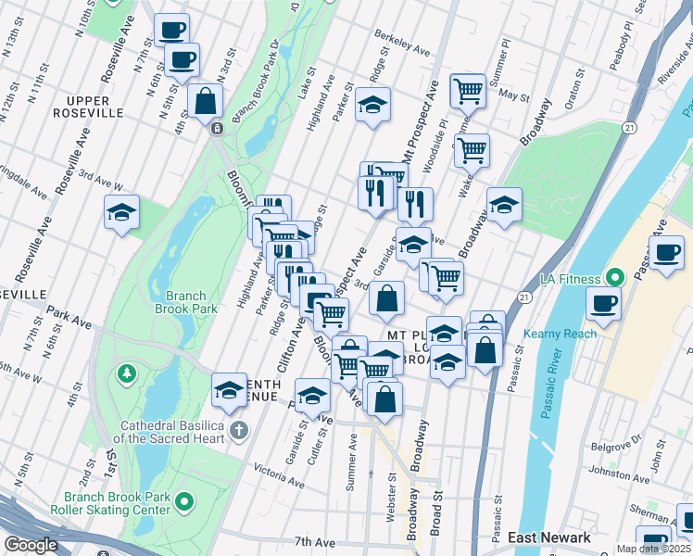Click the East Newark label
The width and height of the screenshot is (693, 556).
coord(548,537)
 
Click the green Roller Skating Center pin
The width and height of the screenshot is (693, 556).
coord(184,502)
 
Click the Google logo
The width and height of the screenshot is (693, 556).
coord(31,545)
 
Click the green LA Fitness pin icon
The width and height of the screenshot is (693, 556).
coord(613,277)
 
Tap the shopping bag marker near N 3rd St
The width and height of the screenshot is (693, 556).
coord(205,102)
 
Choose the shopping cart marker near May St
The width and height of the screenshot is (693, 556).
coord(468,91)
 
